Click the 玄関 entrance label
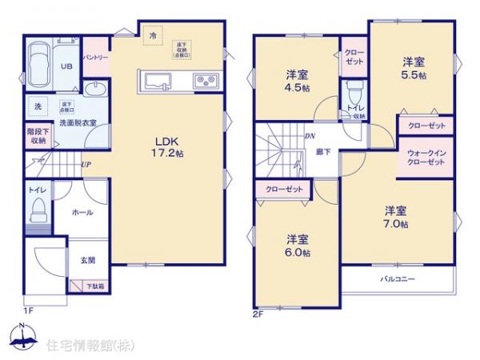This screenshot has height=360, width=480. [87, 260]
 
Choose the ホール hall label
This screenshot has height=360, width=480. [82, 212]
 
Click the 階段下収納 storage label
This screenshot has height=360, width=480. [37, 135]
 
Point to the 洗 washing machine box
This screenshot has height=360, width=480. [38, 106]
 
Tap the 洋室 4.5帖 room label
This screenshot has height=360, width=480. [296, 82]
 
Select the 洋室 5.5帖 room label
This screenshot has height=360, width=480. [413, 67]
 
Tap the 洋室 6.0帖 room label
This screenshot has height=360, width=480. [298, 245]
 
